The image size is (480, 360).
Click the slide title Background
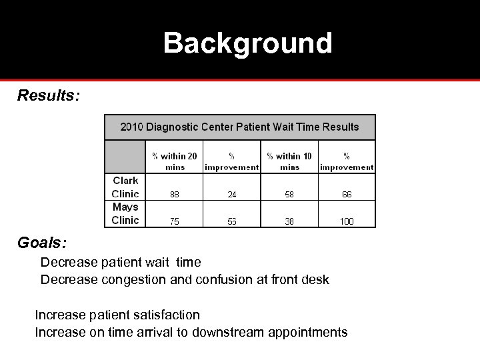click(247, 44)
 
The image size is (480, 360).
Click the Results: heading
click(49, 96)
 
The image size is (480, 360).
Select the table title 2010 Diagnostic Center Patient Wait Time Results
click(239, 127)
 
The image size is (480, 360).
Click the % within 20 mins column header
click(174, 161)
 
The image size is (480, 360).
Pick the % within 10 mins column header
click(289, 161)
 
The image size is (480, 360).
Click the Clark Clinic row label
click(125, 187)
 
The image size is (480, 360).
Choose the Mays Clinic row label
click(125, 214)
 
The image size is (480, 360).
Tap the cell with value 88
click(174, 195)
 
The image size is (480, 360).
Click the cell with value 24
click(231, 195)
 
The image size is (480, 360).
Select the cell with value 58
click(289, 195)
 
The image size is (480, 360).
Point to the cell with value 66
click(347, 195)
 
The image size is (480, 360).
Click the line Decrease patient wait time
click(120, 263)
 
